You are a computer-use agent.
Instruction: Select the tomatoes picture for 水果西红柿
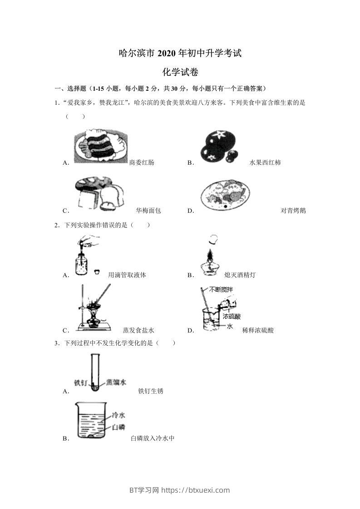tap(218, 147)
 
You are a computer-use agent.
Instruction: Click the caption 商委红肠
tap(142, 162)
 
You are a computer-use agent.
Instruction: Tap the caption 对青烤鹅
tap(293, 210)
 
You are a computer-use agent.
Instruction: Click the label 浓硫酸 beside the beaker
tap(232, 316)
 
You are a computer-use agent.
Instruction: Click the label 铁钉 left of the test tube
tap(80, 382)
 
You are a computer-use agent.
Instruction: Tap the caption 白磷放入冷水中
tap(153, 438)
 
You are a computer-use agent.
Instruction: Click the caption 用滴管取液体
tap(127, 275)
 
